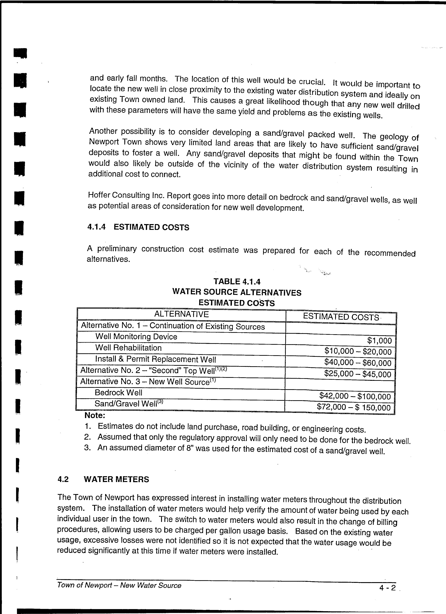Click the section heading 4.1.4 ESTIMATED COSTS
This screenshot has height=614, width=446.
[x=138, y=227]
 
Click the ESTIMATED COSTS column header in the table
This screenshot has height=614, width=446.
[x=341, y=317]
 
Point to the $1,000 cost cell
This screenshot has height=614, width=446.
[x=380, y=341]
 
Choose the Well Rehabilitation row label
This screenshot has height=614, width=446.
[x=129, y=348]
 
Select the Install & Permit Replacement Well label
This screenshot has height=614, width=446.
[x=155, y=359]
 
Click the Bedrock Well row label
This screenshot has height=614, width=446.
[x=118, y=393]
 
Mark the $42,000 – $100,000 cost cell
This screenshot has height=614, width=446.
[x=355, y=396]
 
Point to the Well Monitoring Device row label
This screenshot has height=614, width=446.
[x=136, y=337]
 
